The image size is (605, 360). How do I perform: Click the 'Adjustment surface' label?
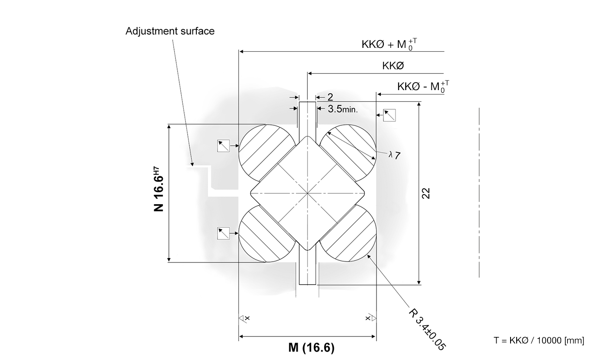[170, 31]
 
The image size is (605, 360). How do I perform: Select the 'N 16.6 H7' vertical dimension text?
[158, 189]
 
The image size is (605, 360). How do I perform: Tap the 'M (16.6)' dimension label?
[311, 347]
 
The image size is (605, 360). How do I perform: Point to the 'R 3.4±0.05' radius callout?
[427, 329]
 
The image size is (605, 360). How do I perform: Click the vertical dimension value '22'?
[426, 193]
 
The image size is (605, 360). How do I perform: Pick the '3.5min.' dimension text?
[343, 109]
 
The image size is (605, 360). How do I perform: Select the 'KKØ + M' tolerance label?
[389, 44]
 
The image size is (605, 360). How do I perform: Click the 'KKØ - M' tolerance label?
[423, 87]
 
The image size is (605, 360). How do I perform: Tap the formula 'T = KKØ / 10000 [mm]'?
[539, 340]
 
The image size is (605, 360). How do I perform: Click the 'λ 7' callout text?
[394, 155]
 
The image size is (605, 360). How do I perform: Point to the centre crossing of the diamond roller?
[307, 193]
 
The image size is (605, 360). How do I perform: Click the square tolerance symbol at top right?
[390, 115]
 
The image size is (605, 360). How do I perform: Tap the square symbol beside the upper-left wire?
[223, 146]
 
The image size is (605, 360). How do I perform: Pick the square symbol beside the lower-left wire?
[223, 233]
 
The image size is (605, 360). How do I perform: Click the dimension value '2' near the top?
[330, 97]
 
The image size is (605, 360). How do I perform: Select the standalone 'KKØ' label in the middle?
[393, 66]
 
